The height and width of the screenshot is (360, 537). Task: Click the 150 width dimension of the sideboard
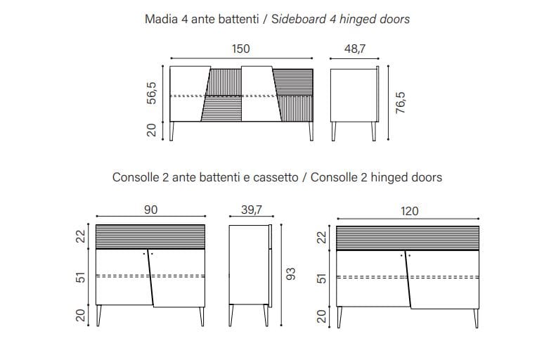pyautogui.click(x=240, y=49)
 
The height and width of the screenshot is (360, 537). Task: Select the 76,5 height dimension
pyautogui.click(x=401, y=103)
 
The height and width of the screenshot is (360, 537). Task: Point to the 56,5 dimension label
pyautogui.click(x=152, y=93)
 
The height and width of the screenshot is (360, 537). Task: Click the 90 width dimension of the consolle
pyautogui.click(x=150, y=210)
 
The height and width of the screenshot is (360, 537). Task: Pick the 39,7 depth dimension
pyautogui.click(x=250, y=210)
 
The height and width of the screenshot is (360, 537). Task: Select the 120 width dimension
pyautogui.click(x=410, y=210)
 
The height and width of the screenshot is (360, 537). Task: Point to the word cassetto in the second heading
pyautogui.click(x=274, y=177)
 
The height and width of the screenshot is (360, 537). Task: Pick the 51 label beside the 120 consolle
pyautogui.click(x=323, y=277)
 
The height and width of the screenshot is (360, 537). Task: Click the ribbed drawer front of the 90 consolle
pyautogui.click(x=150, y=236)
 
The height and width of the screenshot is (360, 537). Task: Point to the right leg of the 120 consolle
pyautogui.click(x=477, y=317)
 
